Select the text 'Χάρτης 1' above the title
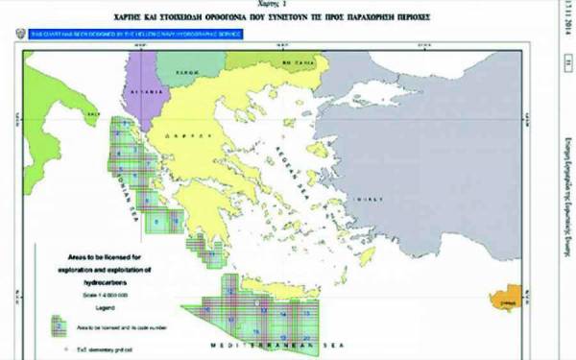278,5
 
